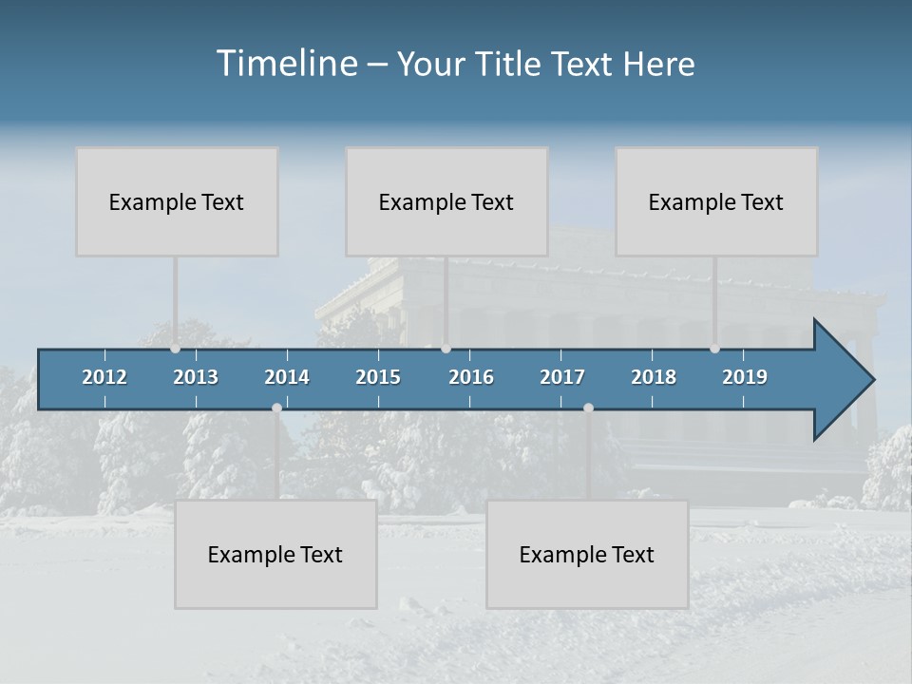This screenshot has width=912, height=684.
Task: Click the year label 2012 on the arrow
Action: pos(104,377)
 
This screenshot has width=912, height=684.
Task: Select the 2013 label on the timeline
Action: pos(196,377)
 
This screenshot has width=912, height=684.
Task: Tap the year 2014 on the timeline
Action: pos(287,377)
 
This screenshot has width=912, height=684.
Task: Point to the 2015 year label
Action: pos(378,377)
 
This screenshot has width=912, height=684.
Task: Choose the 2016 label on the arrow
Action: pos(471,377)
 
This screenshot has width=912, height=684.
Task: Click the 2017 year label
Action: pos(562,377)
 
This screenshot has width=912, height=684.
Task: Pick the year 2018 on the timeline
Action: pos(654,377)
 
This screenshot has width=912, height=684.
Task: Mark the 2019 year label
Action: pos(745,377)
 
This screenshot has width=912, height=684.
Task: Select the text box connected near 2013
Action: pos(177,201)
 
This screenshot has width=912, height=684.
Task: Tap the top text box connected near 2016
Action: pos(446,201)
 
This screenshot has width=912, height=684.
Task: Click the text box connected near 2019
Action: pos(716,201)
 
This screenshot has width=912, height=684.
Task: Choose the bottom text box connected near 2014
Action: pos(275,554)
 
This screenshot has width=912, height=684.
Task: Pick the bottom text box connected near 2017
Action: pos(587,554)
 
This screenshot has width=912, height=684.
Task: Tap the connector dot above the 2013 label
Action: pos(176,349)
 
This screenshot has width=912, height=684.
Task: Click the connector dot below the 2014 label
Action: pos(276,408)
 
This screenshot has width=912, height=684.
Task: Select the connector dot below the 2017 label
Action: pos(588,408)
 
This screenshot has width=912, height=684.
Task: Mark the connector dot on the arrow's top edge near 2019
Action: pos(714,349)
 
